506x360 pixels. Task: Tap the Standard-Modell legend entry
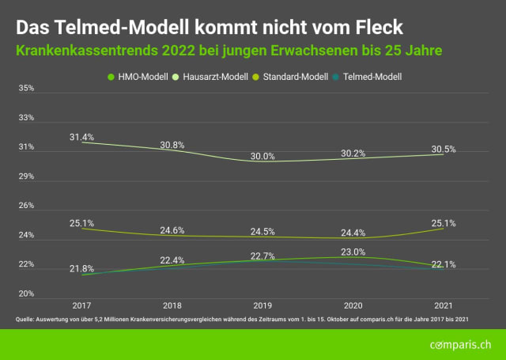(x=294, y=77)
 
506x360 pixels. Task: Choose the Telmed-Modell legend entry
(x=368, y=77)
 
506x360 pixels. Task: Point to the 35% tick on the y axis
(x=26, y=89)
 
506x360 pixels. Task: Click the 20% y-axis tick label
(x=26, y=294)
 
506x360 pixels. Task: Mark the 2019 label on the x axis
(x=262, y=305)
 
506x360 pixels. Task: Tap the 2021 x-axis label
(x=443, y=305)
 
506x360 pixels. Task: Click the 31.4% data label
(x=81, y=137)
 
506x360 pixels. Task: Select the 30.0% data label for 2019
(x=262, y=156)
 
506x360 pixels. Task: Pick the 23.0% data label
(x=353, y=252)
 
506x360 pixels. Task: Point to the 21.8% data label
(x=81, y=269)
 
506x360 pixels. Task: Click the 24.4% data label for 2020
(x=353, y=233)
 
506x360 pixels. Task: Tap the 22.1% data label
(x=443, y=264)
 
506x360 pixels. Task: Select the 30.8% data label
(x=172, y=145)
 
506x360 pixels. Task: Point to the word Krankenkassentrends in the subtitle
(x=93, y=50)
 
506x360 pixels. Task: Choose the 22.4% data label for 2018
(x=172, y=260)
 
